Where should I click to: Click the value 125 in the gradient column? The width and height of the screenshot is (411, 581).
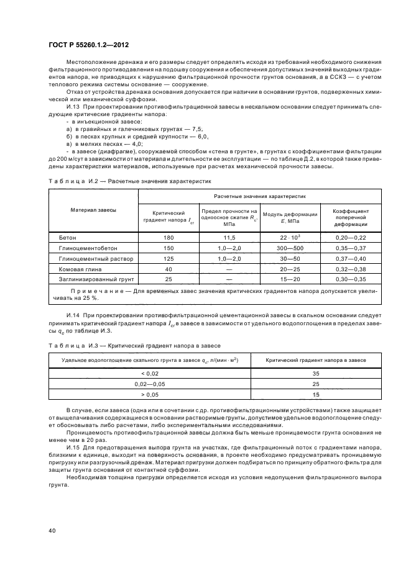(168, 256)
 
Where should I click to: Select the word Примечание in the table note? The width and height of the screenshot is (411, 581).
(96, 290)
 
